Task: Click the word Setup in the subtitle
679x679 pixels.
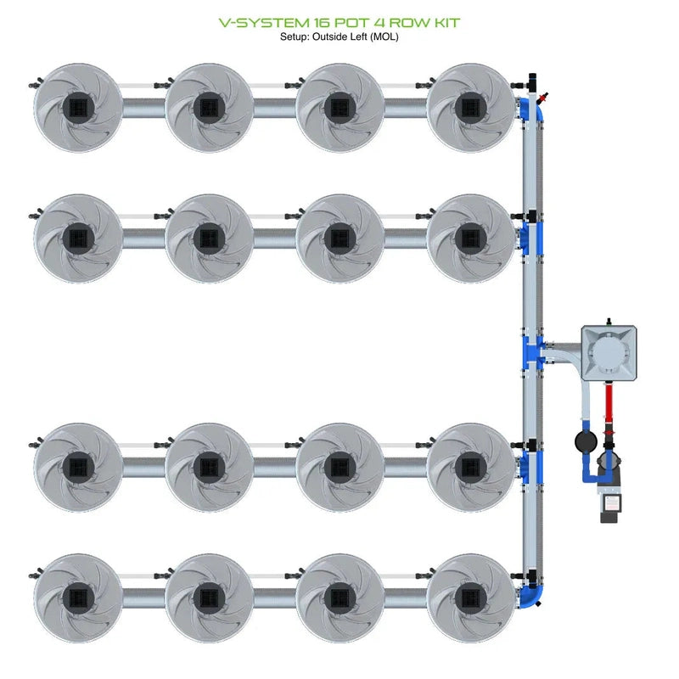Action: click(x=296, y=36)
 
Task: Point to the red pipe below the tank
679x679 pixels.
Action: click(x=608, y=407)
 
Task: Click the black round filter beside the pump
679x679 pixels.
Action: click(x=584, y=441)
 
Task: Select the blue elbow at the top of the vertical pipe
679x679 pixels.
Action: click(x=536, y=109)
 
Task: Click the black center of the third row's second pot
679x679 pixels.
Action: click(x=208, y=466)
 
